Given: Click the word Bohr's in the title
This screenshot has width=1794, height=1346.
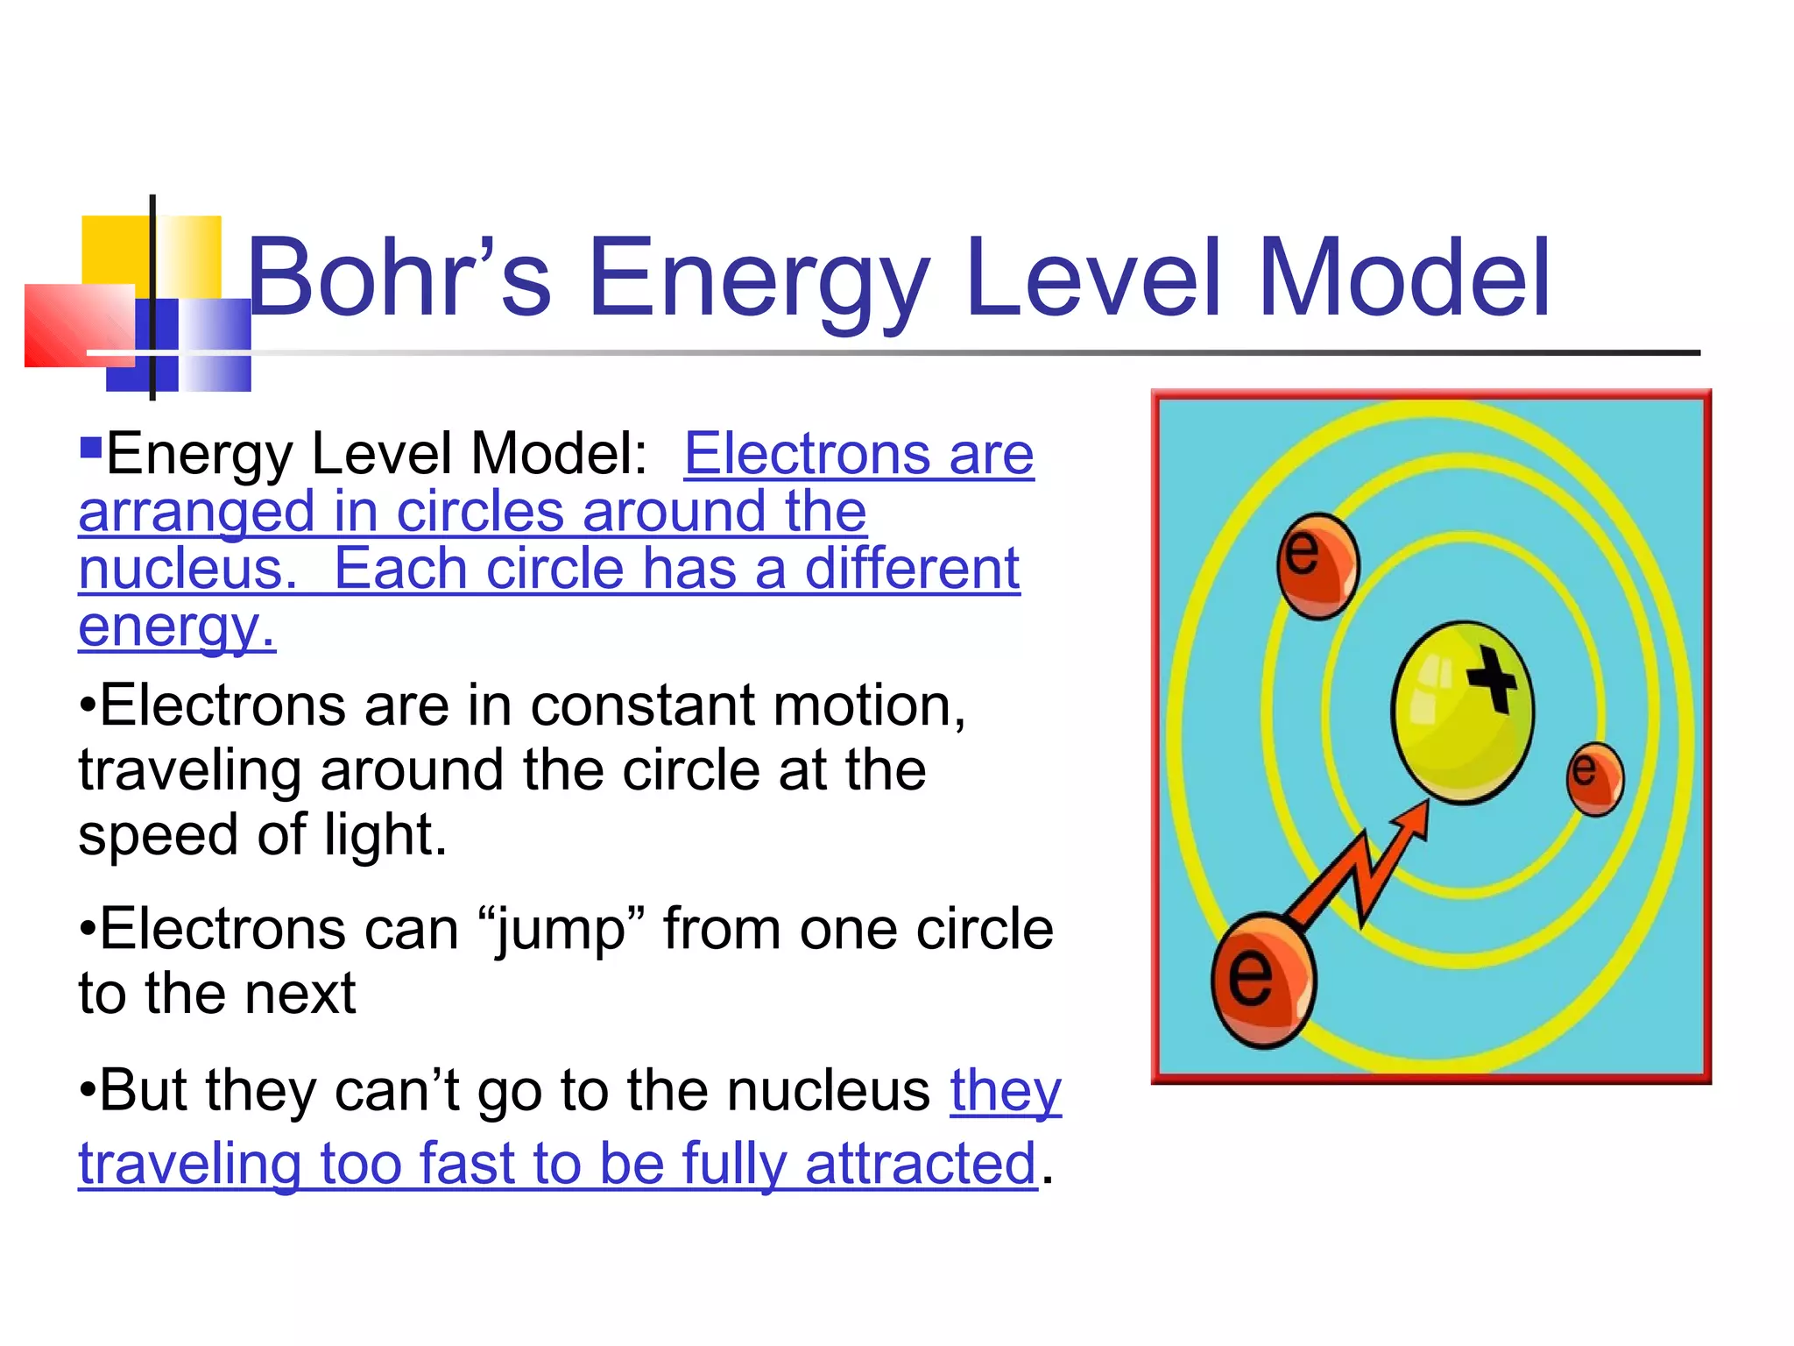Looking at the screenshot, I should click(x=399, y=278).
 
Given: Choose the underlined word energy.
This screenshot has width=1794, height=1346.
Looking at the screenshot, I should click(x=176, y=627).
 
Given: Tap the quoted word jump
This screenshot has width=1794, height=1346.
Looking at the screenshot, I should click(x=561, y=931).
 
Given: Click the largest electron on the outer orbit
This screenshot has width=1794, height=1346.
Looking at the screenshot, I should click(x=1262, y=981).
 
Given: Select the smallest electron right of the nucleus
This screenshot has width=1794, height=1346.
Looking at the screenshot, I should click(x=1594, y=778).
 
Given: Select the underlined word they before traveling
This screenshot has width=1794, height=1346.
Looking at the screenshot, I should click(x=1006, y=1091).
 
